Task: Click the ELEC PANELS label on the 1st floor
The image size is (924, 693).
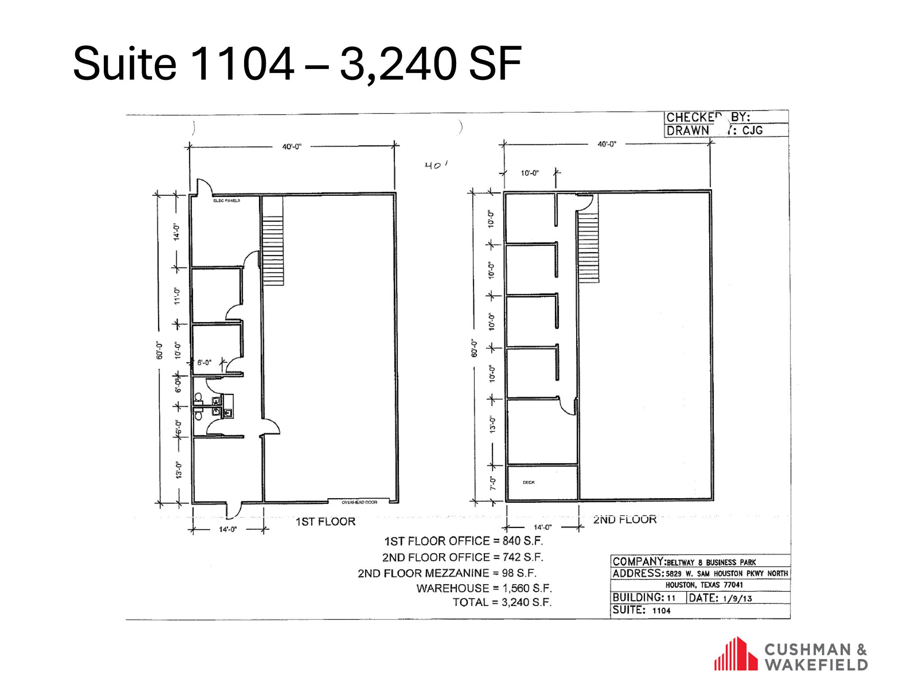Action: (x=226, y=200)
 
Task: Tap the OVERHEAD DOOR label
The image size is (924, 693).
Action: (x=359, y=502)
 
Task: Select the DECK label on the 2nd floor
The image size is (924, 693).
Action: (x=529, y=482)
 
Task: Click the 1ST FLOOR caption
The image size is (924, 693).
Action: (x=325, y=522)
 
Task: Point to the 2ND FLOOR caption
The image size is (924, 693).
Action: (x=624, y=519)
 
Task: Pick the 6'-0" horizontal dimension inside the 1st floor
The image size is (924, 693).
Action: (x=204, y=362)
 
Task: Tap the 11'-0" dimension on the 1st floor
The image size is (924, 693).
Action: (x=177, y=296)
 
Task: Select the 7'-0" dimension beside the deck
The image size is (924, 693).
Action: (x=493, y=483)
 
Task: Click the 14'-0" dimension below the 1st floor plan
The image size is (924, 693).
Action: (x=228, y=530)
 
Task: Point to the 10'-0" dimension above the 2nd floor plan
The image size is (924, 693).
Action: (x=530, y=173)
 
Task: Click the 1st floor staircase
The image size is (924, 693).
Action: (x=273, y=250)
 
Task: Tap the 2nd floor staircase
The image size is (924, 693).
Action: (x=588, y=248)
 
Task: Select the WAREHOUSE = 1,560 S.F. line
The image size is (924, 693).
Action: (x=484, y=588)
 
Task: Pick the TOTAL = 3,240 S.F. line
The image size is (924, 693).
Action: (x=502, y=602)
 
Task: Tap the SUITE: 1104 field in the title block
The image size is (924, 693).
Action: (x=641, y=610)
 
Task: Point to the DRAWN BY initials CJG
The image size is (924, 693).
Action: (x=752, y=130)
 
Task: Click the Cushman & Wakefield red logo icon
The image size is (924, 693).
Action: (x=736, y=654)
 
